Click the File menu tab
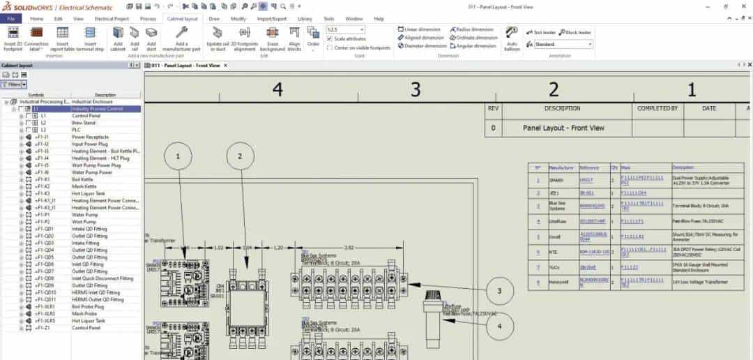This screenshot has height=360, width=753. coord(10,19)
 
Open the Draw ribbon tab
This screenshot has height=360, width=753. coord(214,19)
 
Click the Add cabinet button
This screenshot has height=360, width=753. coord(118,38)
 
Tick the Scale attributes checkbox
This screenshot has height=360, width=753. coord(329,39)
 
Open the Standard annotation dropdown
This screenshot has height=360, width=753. coord(563,45)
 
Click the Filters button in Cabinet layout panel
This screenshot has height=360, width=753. coord(13,84)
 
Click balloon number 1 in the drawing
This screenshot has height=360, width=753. coord(179,158)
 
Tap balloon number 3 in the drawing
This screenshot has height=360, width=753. coord(500,290)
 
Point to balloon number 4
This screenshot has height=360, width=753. coord(499,325)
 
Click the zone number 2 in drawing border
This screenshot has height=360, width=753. coord(554,89)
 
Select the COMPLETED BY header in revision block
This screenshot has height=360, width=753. coord(657,109)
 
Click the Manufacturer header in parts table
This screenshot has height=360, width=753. coord(560,168)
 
